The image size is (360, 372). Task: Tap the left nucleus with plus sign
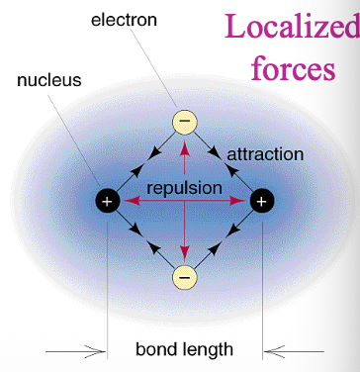[108, 201]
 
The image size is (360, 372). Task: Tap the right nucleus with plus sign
[262, 201]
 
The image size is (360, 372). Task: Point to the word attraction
[265, 155]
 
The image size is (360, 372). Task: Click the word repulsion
[184, 187]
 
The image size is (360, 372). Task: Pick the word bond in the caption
[156, 348]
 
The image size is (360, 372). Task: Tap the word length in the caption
[211, 348]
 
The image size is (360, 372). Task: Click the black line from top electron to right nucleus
[225, 163]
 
